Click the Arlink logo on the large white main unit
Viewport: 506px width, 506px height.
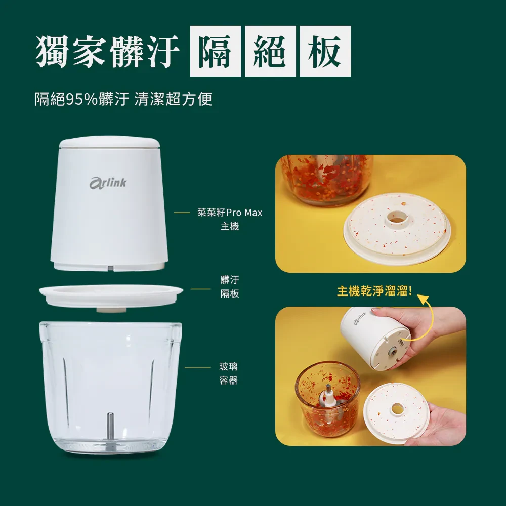[108, 183]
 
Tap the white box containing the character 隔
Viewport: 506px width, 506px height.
[215, 51]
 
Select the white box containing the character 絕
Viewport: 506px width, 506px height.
[270, 51]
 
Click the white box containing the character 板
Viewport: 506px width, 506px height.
[325, 51]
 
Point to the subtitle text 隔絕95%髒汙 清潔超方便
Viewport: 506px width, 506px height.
[123, 99]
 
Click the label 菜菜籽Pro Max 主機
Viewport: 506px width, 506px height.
[230, 219]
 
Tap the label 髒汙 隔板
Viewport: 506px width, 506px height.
[230, 286]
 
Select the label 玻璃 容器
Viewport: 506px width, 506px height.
[229, 373]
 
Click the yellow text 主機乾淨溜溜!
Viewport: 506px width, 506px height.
[374, 291]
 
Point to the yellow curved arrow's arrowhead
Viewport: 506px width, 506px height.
[423, 298]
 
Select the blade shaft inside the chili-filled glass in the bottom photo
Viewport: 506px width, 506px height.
[328, 397]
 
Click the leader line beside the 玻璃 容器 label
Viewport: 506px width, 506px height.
[198, 367]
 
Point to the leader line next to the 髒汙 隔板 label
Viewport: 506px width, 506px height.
[201, 289]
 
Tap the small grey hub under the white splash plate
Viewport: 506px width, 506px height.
[111, 310]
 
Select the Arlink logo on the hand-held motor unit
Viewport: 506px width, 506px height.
[360, 318]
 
